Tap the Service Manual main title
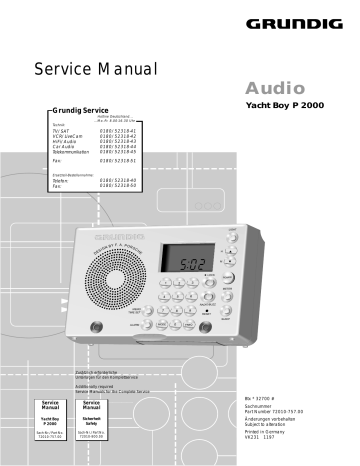coord(97,69)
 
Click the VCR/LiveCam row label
coord(71,136)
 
